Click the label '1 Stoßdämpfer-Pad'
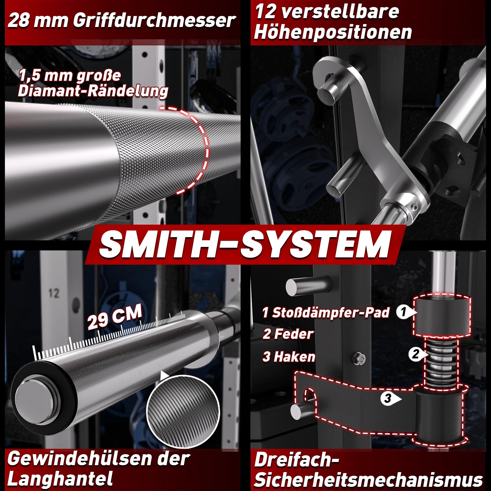pos(326,312)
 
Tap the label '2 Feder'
pos(288,334)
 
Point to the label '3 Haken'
pos(289,356)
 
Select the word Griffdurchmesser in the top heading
pos(154,21)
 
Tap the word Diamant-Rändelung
pos(93,91)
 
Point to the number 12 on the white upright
pos(54,293)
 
